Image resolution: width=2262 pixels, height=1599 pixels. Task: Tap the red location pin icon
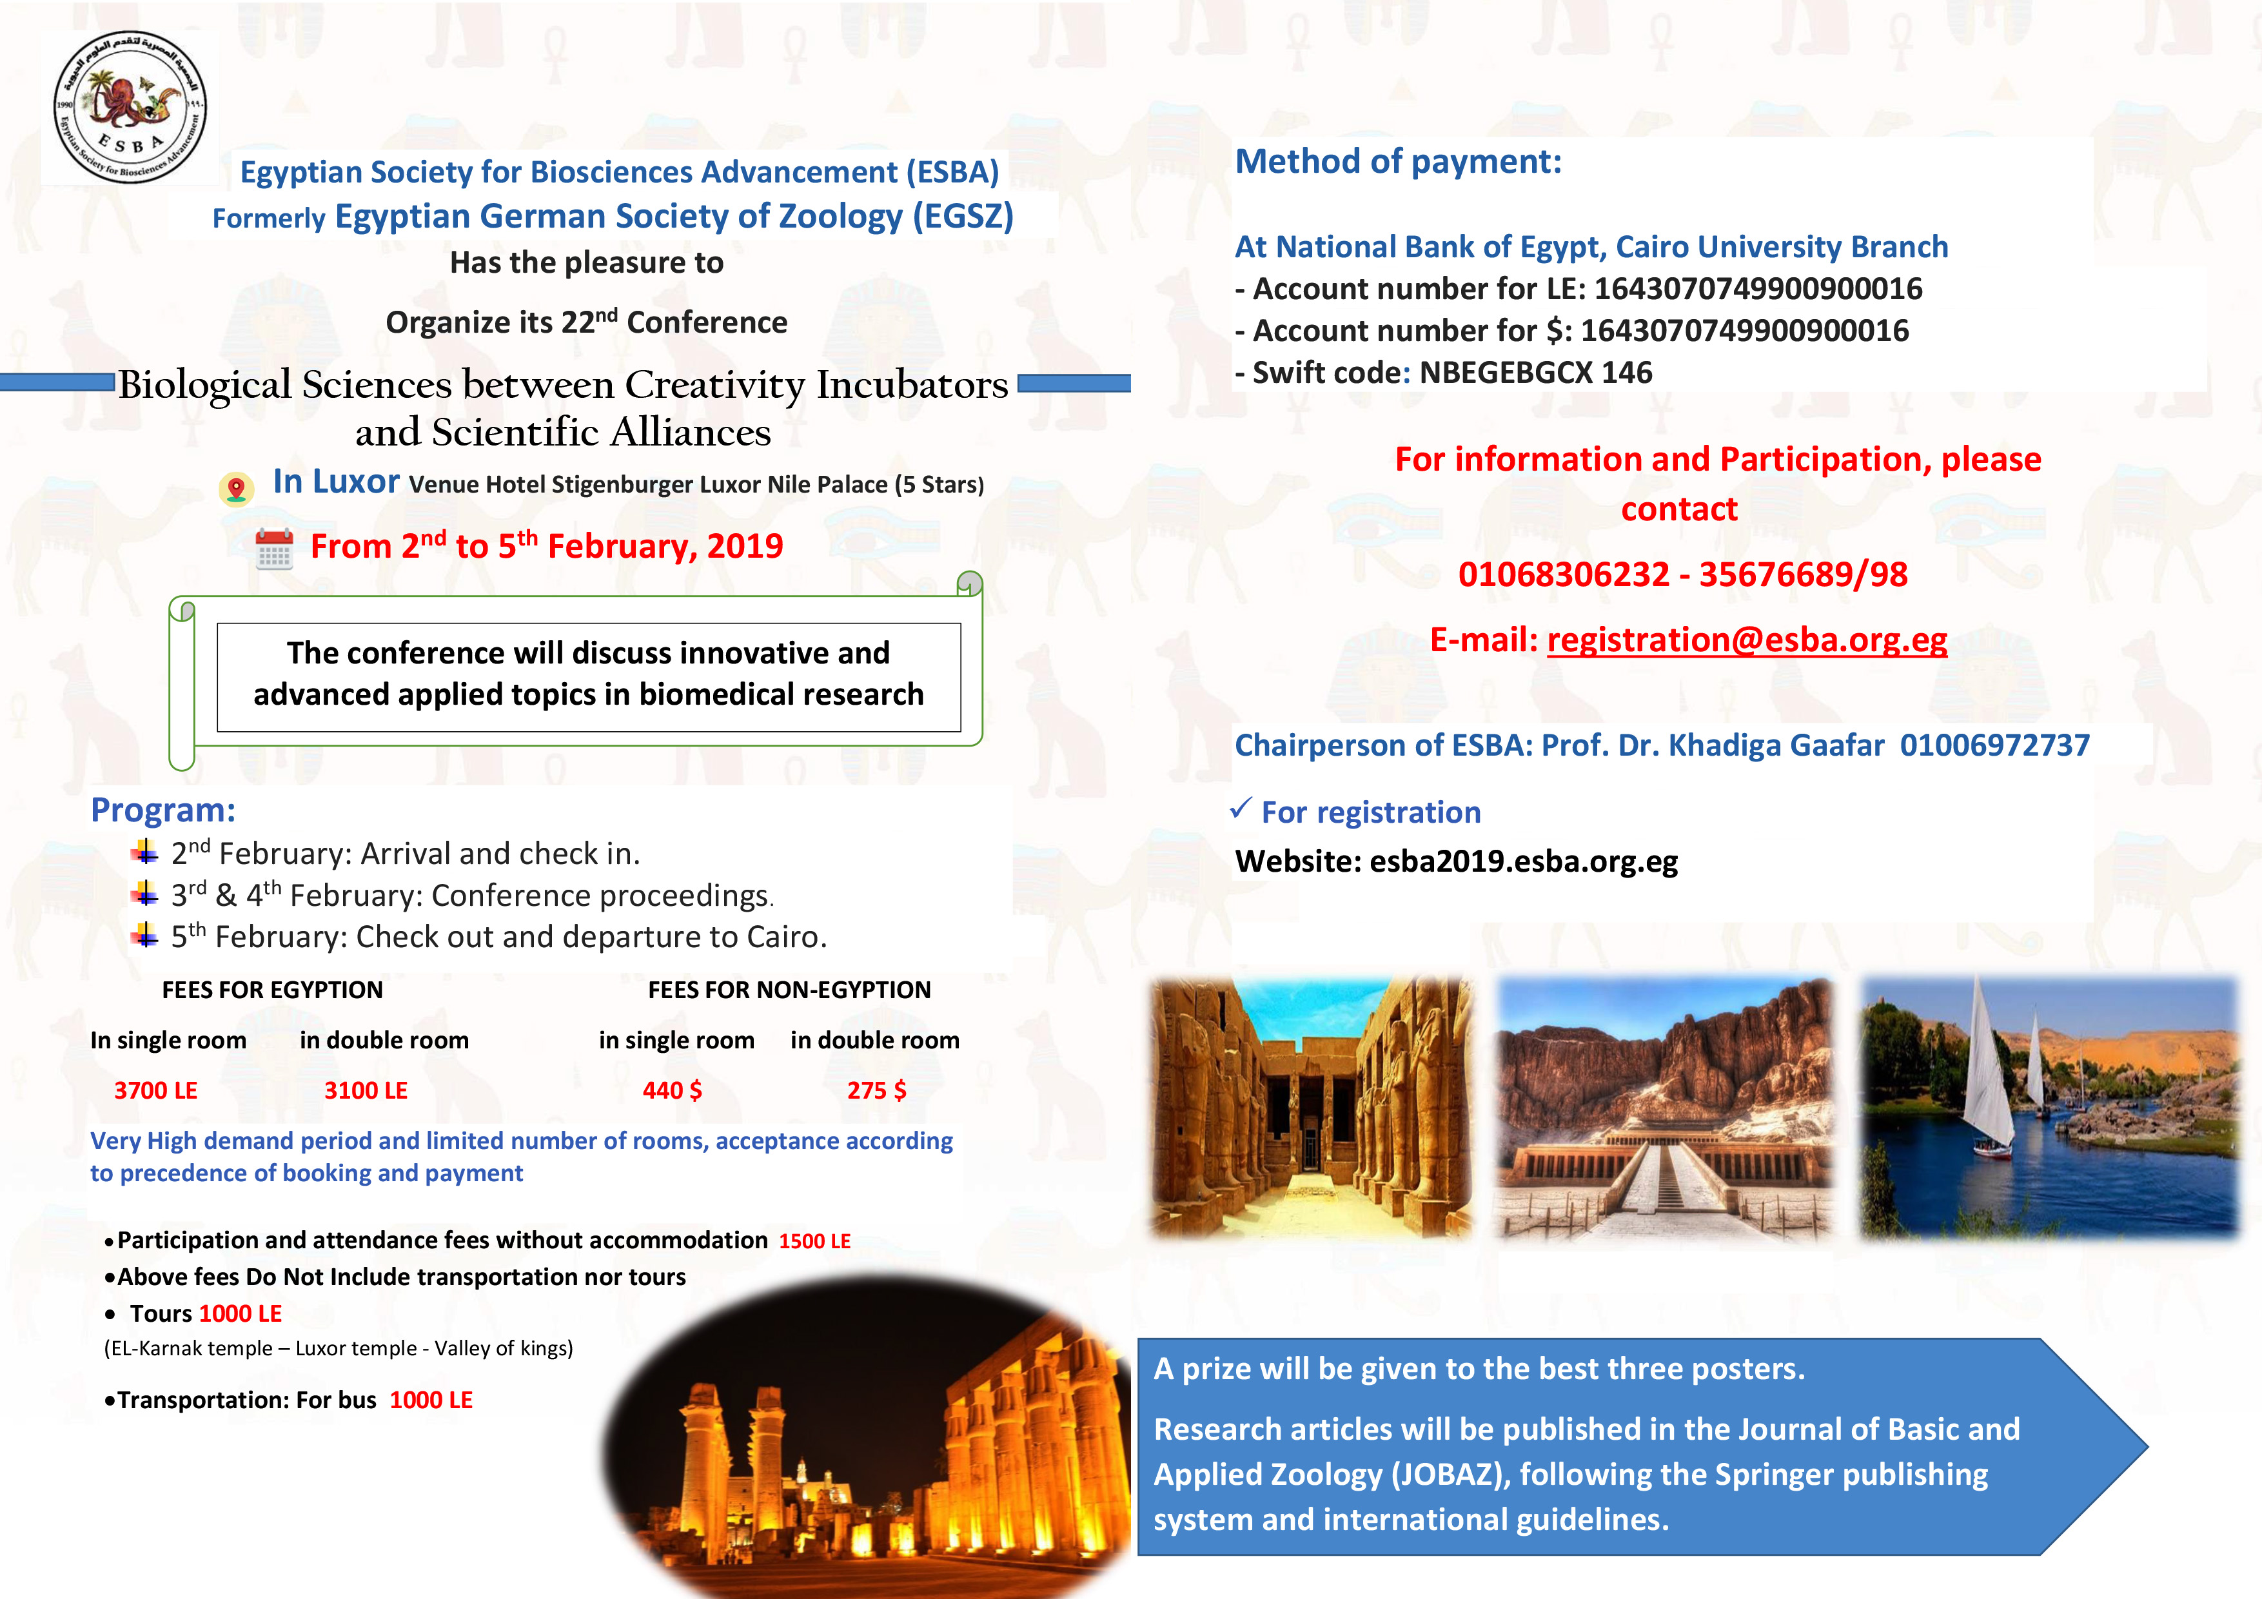235,487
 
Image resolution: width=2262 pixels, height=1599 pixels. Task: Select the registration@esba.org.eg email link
1747,640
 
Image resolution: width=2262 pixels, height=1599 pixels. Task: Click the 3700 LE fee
155,1091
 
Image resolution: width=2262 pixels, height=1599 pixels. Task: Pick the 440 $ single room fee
672,1091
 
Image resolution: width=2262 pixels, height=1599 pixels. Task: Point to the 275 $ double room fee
876,1091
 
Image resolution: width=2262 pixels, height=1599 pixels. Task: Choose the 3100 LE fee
366,1091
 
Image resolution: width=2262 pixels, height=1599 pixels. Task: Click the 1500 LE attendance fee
815,1241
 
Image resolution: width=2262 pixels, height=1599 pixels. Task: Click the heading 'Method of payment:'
1398,162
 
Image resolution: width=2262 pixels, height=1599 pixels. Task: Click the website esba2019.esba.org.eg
1523,861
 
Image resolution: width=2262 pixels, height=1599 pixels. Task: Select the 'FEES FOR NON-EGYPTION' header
789,990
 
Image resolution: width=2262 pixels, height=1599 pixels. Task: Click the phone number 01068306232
1564,574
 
